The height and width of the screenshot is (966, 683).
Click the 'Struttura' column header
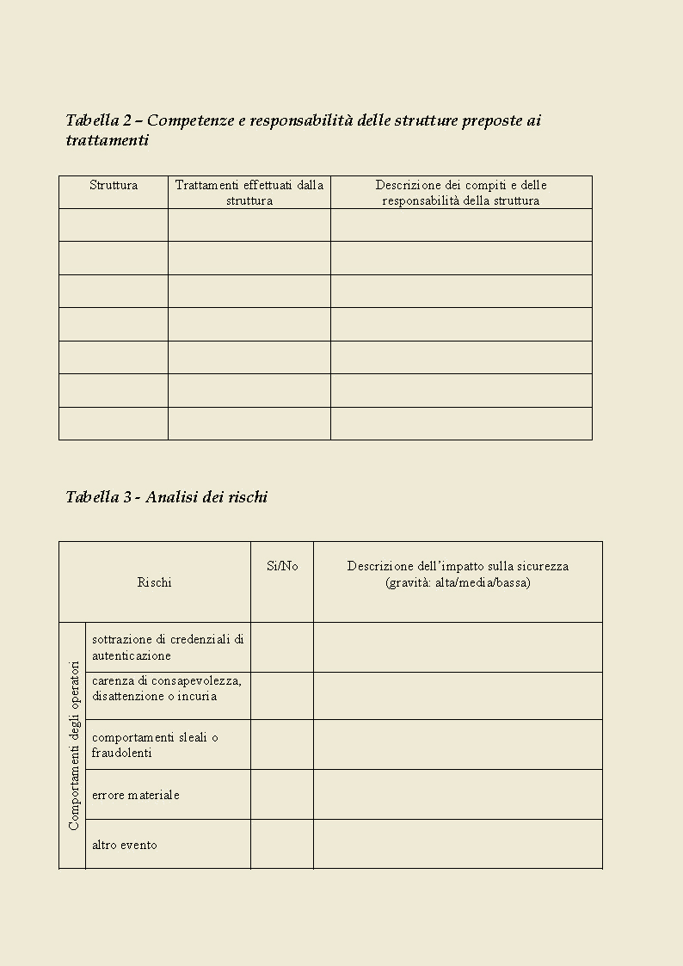[114, 185]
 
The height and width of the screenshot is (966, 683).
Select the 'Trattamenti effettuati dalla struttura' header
[249, 193]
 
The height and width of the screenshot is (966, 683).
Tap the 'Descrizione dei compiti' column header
[461, 193]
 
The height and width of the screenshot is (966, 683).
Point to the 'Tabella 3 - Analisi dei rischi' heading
[167, 497]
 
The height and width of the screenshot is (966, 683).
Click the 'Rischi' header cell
[155, 582]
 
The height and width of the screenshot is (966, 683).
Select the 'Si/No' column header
[282, 566]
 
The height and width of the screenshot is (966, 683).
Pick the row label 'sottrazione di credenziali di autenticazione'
[168, 647]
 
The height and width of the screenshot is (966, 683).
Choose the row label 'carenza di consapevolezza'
[167, 688]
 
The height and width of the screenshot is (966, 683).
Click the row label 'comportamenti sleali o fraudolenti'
[155, 745]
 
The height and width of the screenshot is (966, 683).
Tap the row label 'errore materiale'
[136, 795]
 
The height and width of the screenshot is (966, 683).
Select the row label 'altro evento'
[125, 845]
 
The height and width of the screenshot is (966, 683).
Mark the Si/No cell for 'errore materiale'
[282, 794]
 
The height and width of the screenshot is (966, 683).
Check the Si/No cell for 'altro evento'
[282, 844]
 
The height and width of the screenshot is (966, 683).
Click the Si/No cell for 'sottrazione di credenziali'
[282, 647]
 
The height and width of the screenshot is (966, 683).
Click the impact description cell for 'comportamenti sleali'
[458, 744]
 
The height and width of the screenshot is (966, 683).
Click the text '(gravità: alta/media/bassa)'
[458, 582]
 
